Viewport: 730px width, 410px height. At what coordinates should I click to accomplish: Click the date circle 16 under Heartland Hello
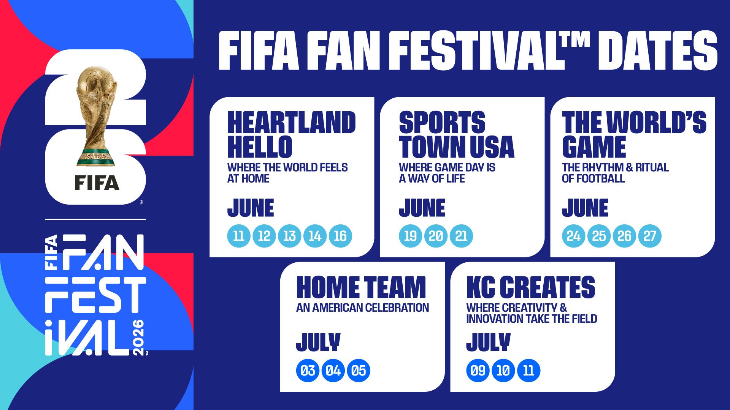coord(340,236)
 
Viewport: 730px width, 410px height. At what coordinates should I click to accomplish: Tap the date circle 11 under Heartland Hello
coord(239,236)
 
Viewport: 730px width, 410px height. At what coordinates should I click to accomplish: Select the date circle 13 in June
coord(290,236)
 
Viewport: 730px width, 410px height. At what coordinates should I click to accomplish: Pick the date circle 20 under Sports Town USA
coord(436,236)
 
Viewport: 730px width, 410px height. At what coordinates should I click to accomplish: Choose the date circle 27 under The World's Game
coord(650,236)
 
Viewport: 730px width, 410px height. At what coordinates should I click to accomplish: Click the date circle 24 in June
coord(573,236)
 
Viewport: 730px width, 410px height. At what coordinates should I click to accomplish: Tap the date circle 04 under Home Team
coord(333,371)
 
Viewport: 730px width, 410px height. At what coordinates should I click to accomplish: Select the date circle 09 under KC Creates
coord(478,371)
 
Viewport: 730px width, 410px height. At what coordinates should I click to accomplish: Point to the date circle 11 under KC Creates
coord(529,371)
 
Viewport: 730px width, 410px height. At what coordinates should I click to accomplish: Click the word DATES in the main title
coord(657,51)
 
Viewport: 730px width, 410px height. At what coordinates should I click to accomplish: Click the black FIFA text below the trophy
coord(97,183)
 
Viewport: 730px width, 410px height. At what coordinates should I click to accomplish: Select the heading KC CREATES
coord(531,287)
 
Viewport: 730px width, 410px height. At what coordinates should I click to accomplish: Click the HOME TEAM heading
coord(361,287)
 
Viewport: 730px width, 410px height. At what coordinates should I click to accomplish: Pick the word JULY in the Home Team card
coord(318,342)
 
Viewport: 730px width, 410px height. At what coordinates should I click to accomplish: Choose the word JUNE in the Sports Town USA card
coord(422,208)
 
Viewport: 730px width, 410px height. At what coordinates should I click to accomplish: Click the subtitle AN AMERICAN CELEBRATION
coord(362,308)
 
